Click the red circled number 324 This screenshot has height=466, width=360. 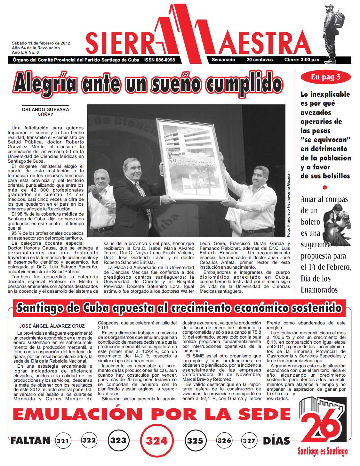tap(156, 441)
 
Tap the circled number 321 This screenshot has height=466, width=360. tap(63, 441)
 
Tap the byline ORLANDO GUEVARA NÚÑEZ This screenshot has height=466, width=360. tap(45, 112)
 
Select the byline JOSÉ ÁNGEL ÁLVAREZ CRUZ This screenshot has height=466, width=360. tap(52, 326)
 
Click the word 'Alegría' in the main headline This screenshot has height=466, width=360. tap(44, 83)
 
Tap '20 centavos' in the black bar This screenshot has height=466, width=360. tap(260, 60)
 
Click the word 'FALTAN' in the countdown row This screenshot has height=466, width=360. tap(31, 441)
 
